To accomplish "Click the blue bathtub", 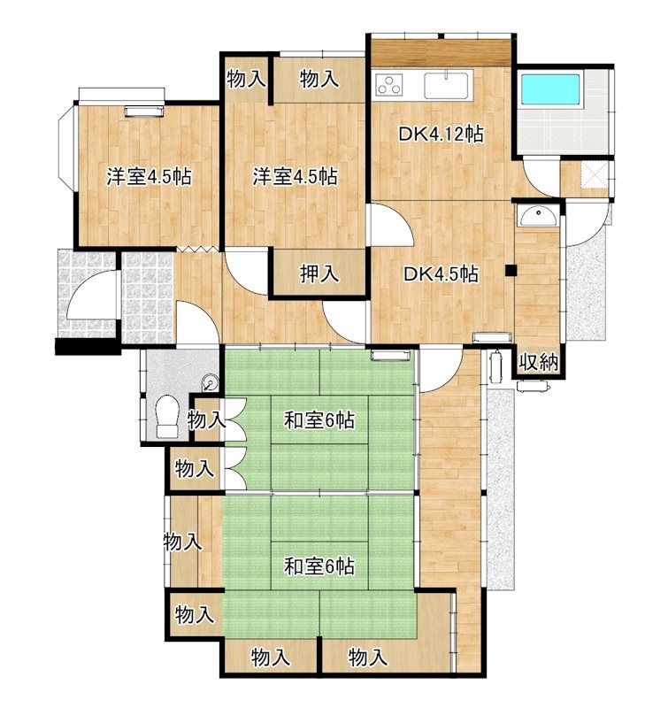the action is [x=550, y=89].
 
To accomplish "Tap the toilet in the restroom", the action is [x=167, y=416].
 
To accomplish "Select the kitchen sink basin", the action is [x=448, y=84].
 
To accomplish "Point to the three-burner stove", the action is [x=389, y=84].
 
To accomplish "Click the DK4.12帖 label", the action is [x=441, y=135].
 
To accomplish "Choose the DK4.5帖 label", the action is [x=441, y=274].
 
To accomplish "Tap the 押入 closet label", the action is [x=319, y=273].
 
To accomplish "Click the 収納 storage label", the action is [x=538, y=362].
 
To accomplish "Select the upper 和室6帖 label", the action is [x=319, y=421].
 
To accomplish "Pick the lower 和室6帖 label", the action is [x=319, y=566].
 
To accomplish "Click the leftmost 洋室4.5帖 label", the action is [x=149, y=176].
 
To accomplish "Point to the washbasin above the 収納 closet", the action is [x=538, y=216].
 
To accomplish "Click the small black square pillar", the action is [x=511, y=270].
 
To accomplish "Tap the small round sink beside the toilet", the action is [x=210, y=382].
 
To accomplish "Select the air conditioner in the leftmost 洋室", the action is [x=144, y=112].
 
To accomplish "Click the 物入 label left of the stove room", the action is [x=246, y=79].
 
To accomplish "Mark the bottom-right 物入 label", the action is [x=368, y=657].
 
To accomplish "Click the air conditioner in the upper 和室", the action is [x=390, y=355].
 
